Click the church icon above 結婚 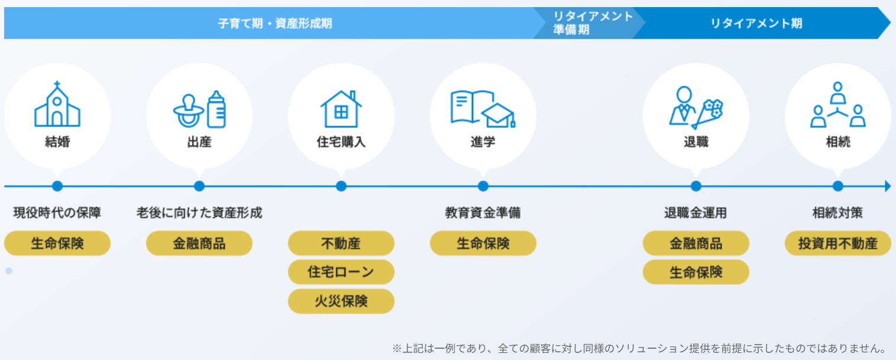pos(57,104)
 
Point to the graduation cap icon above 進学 pos(497,115)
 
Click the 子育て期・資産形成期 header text pos(274,24)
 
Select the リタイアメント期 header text pos(756,24)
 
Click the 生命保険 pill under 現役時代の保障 pos(57,244)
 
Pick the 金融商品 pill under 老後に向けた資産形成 pos(199,244)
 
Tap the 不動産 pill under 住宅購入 pos(341,244)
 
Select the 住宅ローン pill pos(341,272)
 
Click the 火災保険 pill pos(341,301)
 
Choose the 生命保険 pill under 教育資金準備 pos(483,244)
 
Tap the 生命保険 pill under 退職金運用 pos(696,272)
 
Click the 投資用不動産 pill pos(837,244)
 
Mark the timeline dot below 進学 pos(483,186)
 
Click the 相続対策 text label pos(837,213)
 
